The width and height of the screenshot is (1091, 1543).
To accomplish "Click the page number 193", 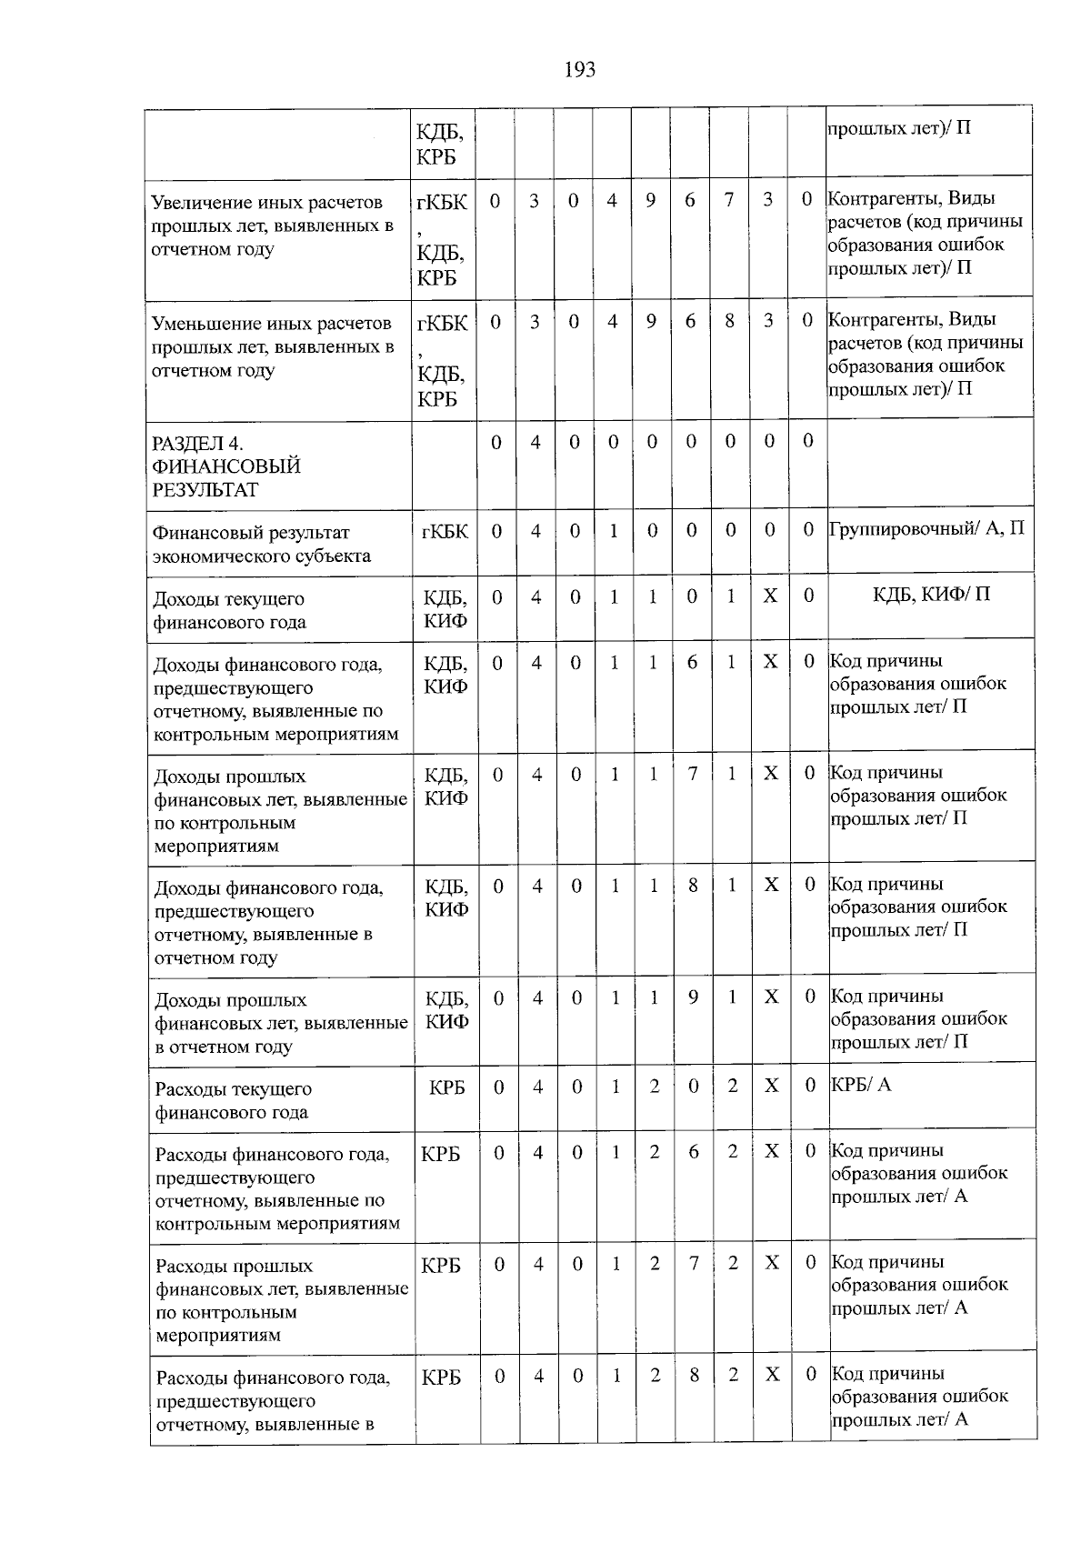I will [580, 70].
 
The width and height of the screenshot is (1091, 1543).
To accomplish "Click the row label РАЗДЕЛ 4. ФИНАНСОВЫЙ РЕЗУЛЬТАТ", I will [226, 466].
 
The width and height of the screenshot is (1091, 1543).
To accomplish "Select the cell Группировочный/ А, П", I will [926, 528].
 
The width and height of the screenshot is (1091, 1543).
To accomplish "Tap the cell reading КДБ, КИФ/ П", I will [931, 595].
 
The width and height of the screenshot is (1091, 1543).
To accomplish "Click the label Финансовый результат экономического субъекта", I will [262, 544].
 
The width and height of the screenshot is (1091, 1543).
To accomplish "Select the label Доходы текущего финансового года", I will [230, 610].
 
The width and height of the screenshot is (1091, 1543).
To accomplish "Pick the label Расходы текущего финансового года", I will [233, 1100].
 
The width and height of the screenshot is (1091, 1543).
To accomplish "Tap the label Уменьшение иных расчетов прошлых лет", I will [272, 346].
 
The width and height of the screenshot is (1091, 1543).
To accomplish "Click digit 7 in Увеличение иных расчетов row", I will [729, 200].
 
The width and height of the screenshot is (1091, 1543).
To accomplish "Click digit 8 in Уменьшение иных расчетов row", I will [729, 321].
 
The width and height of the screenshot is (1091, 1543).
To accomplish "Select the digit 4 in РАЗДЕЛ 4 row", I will [535, 442].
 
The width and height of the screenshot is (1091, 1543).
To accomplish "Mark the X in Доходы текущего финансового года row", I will [770, 596].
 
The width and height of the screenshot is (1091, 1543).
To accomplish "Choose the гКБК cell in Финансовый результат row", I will [445, 531].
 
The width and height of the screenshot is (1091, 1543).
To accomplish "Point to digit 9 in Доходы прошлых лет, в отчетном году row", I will [694, 997].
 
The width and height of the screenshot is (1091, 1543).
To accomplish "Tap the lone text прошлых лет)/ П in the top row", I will [899, 127].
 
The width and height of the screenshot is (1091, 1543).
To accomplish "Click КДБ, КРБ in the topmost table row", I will [440, 145].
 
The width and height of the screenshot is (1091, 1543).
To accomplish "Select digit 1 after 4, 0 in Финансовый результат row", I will [614, 530].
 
